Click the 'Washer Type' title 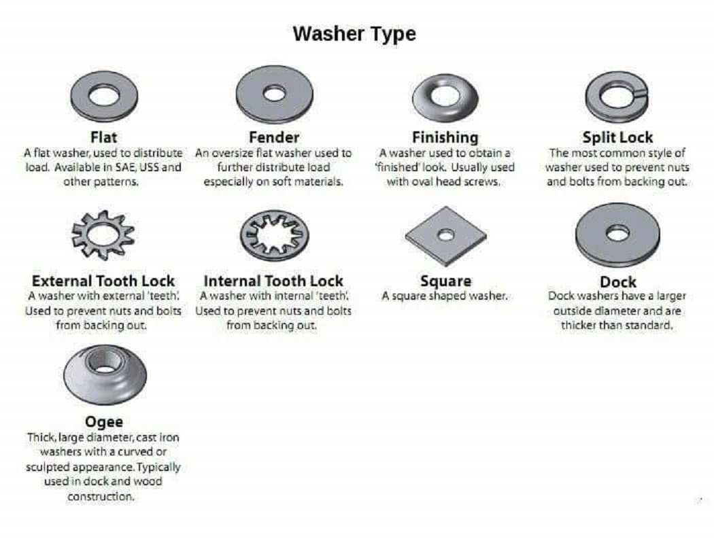click(x=354, y=35)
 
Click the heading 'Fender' click(x=274, y=137)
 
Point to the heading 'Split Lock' click(x=617, y=137)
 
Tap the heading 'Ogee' click(x=104, y=422)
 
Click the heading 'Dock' click(x=618, y=282)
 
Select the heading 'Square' click(x=446, y=281)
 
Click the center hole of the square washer click(x=446, y=235)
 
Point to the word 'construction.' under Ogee click(x=101, y=497)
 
